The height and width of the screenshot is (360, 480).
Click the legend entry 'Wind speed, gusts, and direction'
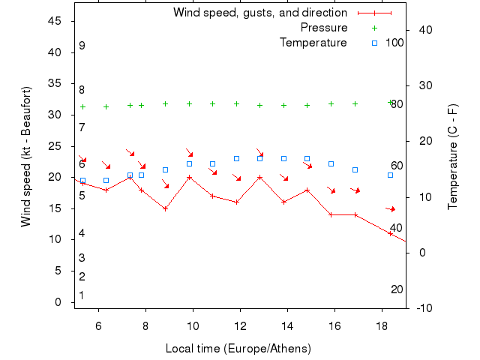[259, 13]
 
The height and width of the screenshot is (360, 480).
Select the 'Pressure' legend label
[324, 28]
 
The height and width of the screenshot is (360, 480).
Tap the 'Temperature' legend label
[313, 43]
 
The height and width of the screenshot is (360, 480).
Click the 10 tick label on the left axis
[57, 239]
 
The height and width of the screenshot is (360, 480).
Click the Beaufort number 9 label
[82, 46]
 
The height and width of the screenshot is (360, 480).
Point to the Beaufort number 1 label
[82, 295]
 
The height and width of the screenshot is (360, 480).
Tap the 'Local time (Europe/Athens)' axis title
[238, 349]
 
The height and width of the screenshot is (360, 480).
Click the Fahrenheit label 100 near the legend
[394, 43]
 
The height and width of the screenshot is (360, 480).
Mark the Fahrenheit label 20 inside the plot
[397, 289]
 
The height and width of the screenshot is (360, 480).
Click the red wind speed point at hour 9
[165, 208]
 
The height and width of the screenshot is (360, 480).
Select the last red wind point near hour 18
[390, 233]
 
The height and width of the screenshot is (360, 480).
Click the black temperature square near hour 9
[165, 169]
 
